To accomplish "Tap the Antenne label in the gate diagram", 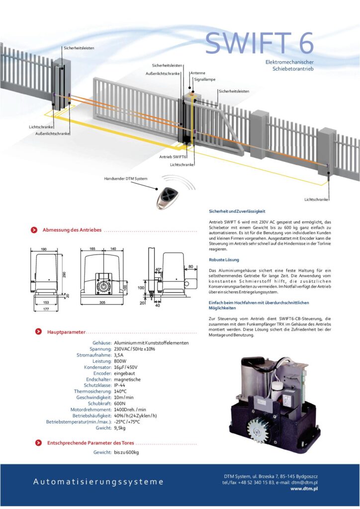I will pyautogui.click(x=197, y=73).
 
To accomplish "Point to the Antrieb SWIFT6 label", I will pyautogui.click(x=173, y=157).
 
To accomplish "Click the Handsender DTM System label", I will pyautogui.click(x=125, y=178).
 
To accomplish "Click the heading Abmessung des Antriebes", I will pyautogui.click(x=72, y=230).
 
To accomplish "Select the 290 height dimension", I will pyautogui.click(x=65, y=275).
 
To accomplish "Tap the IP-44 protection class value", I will pyautogui.click(x=121, y=385).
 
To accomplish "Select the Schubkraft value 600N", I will pyautogui.click(x=120, y=404).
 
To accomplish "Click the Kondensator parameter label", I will pyautogui.click(x=97, y=367).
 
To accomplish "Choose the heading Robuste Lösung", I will pyautogui.click(x=224, y=260).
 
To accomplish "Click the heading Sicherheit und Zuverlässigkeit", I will pyautogui.click(x=237, y=211).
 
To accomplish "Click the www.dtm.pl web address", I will pyautogui.click(x=304, y=489).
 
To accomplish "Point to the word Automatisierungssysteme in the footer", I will pyautogui.click(x=98, y=482).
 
